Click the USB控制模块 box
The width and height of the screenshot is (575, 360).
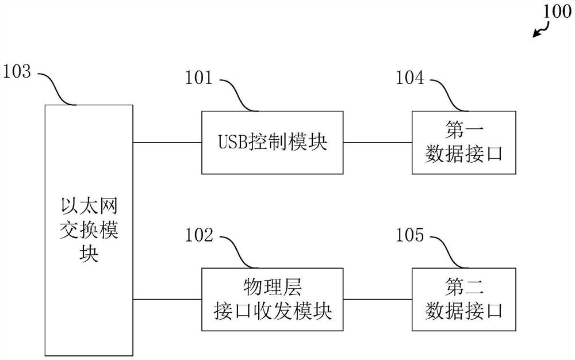(x=272, y=142)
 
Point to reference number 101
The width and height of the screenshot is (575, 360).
(x=198, y=78)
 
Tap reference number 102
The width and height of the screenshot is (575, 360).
(x=198, y=235)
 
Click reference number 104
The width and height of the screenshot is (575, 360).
(x=409, y=78)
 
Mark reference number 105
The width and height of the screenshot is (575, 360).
(x=409, y=235)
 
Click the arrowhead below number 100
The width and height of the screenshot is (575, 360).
(x=536, y=35)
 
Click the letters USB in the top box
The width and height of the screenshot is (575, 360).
(x=232, y=143)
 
